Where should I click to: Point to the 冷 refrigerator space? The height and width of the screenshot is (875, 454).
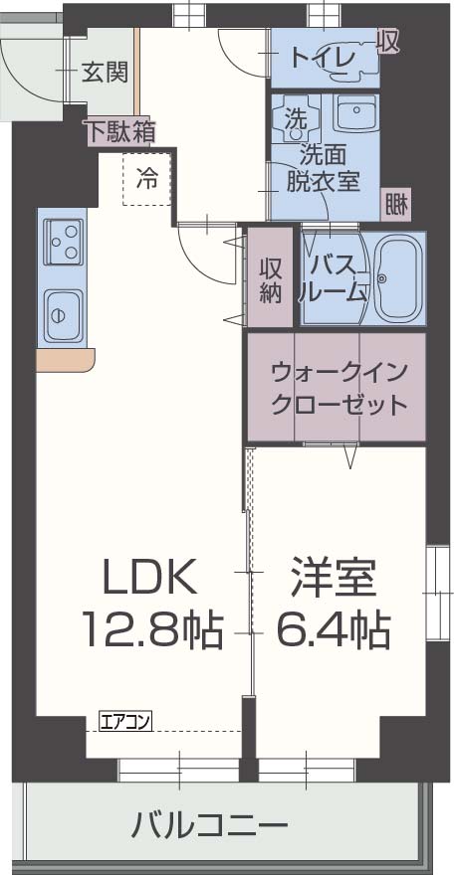[146, 180]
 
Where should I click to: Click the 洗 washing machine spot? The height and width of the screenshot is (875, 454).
[296, 116]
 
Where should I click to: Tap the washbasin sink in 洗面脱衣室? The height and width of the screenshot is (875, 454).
[353, 113]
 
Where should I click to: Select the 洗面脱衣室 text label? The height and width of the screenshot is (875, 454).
[323, 168]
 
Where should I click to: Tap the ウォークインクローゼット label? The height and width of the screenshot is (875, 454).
[339, 389]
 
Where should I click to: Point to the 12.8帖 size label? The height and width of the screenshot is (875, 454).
[151, 628]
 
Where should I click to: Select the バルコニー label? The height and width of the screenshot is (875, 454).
[210, 824]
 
